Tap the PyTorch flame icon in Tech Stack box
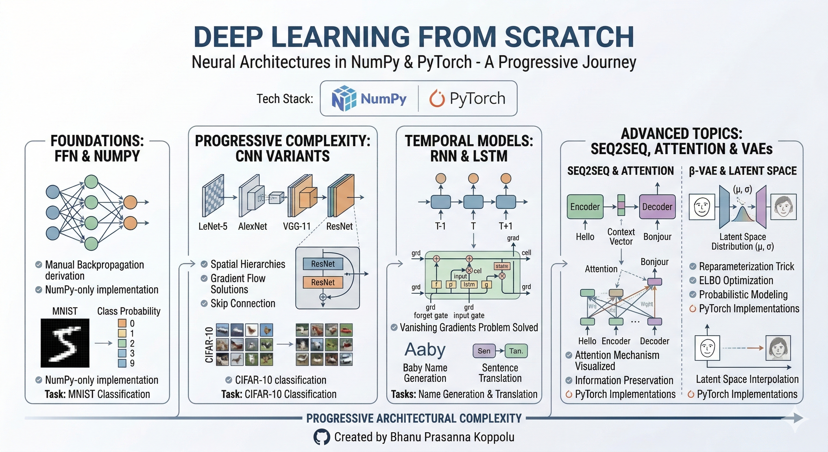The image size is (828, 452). [437, 99]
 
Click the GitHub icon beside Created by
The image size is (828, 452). [321, 437]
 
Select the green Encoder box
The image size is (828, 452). [585, 207]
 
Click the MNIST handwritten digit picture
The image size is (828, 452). [65, 343]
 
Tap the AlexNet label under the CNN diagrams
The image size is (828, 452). [252, 227]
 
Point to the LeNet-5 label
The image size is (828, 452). [213, 227]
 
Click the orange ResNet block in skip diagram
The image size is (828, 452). [323, 282]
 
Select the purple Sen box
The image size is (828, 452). [484, 351]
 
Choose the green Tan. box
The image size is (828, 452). [516, 351]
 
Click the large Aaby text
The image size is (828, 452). [425, 350]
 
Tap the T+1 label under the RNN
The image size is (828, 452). [506, 226]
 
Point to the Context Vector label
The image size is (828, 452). [621, 237]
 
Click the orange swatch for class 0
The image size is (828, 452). [122, 323]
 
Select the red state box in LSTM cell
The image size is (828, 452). [502, 266]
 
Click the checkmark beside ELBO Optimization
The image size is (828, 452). [693, 280]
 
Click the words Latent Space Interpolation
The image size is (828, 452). [747, 379]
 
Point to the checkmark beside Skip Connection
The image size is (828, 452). [204, 303]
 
